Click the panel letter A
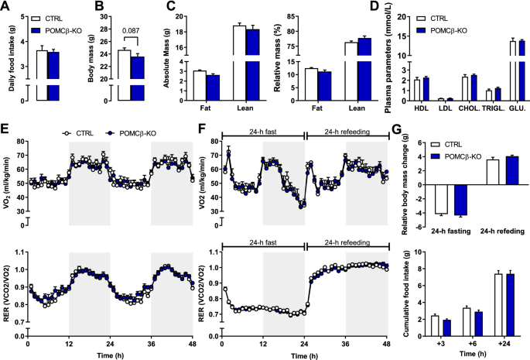(x=6, y=8)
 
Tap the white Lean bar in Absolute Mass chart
(x=240, y=62)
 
